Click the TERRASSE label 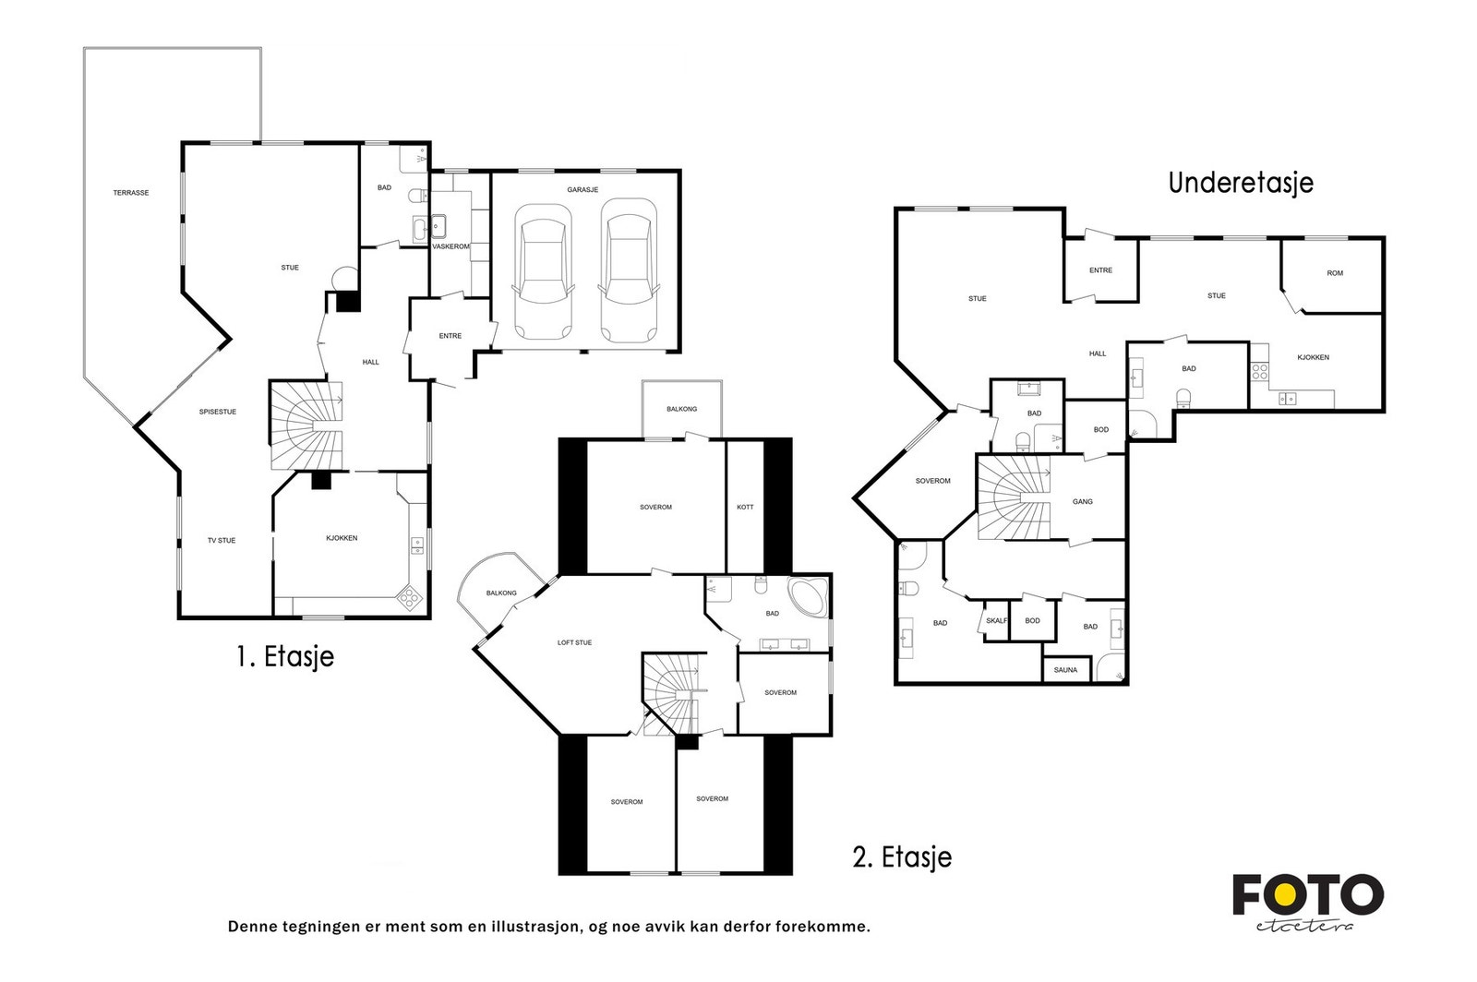130,193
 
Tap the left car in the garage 543,271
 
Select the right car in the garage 629,270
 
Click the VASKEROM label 450,246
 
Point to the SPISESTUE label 218,412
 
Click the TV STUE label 222,541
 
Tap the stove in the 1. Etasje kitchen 409,598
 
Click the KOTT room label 745,507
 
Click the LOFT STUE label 574,642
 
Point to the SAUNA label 1065,670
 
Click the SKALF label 996,621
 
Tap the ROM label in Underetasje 1335,273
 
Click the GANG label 1083,501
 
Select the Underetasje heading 1241,184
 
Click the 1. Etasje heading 285,657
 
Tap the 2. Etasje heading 902,857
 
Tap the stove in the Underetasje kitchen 1260,372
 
